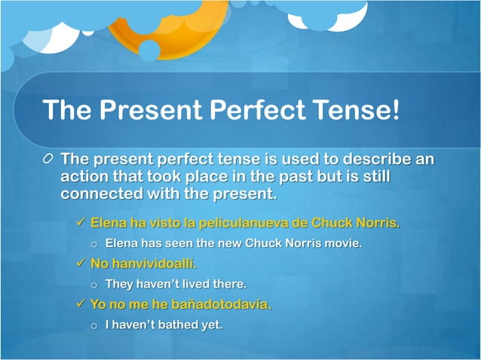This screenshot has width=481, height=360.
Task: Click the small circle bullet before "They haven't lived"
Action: (94, 285)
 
